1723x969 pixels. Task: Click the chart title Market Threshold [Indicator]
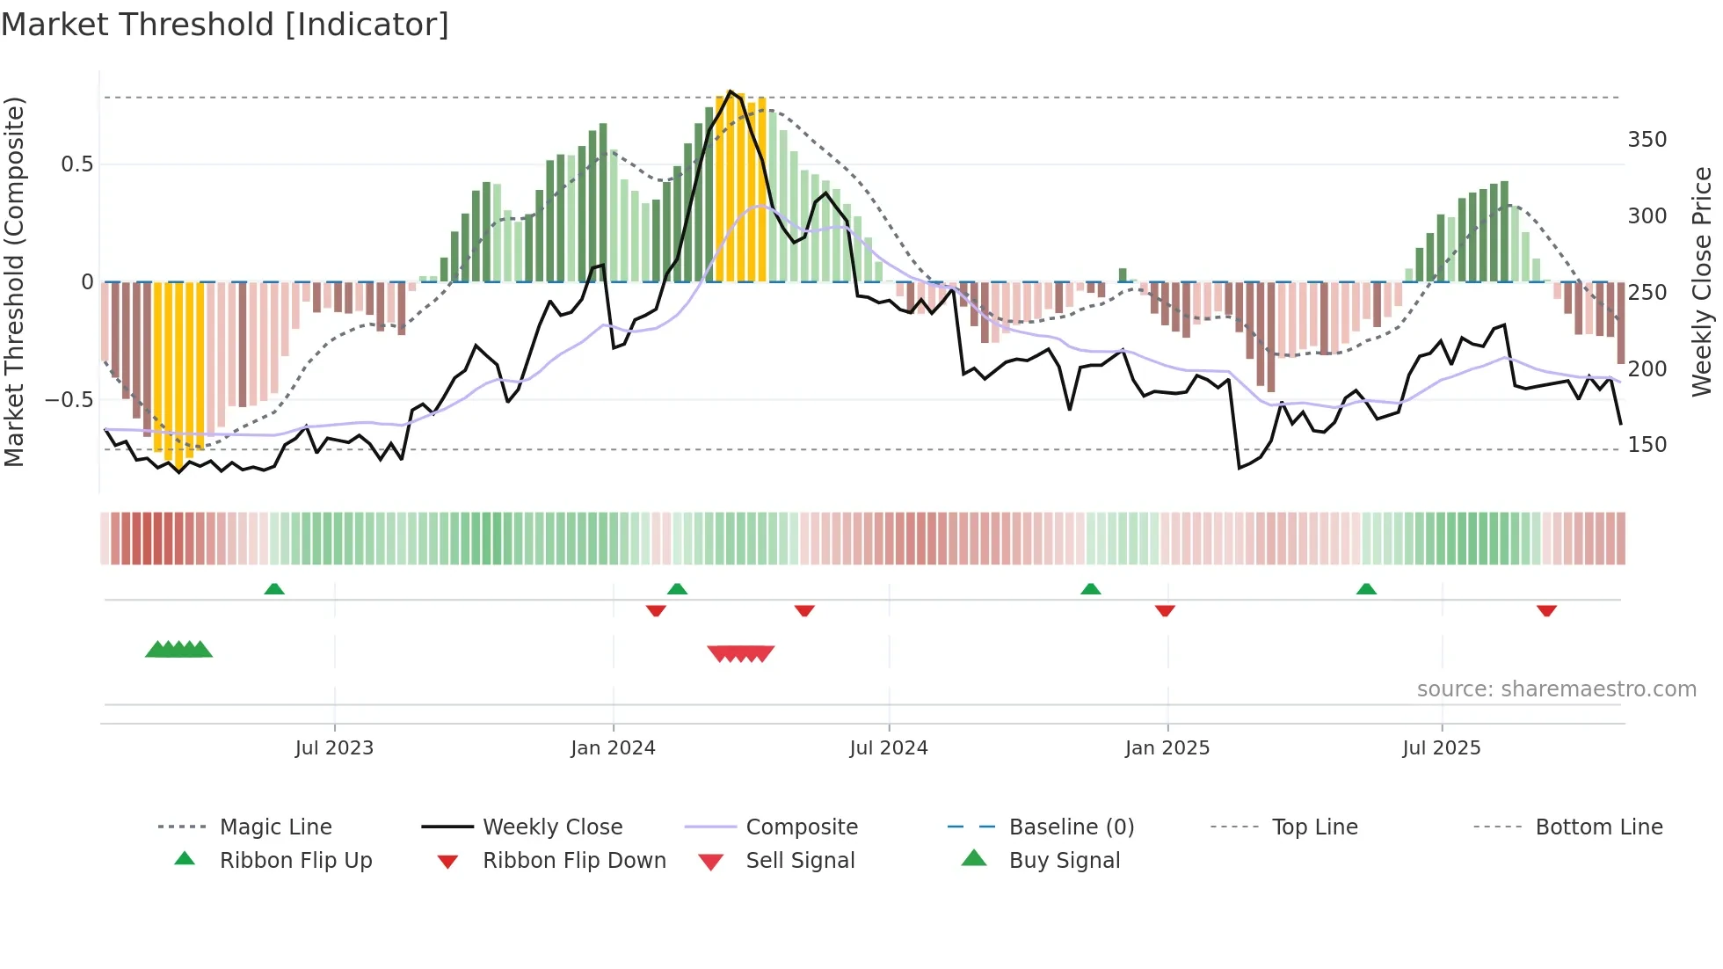click(x=225, y=25)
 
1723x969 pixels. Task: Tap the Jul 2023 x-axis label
click(x=334, y=748)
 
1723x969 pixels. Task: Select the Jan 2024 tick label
click(x=613, y=748)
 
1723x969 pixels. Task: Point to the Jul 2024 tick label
click(x=888, y=748)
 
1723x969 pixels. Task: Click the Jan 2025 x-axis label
click(x=1167, y=748)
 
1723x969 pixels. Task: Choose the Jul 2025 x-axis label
click(x=1441, y=748)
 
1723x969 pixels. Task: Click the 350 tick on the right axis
click(x=1647, y=140)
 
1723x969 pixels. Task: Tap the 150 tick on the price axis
click(x=1647, y=445)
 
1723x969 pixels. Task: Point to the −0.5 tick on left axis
click(x=69, y=400)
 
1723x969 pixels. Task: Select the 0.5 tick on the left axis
click(x=76, y=164)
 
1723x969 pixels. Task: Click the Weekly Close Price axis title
click(x=1702, y=281)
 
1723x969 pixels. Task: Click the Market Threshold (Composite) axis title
click(x=14, y=281)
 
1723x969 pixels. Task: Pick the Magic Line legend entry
click(x=275, y=827)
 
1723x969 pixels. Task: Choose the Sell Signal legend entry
click(x=799, y=861)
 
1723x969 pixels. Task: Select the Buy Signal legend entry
click(x=1064, y=861)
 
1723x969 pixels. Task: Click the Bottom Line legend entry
click(x=1598, y=827)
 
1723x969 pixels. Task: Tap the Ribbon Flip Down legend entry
click(x=573, y=861)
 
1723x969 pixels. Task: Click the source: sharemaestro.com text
click(x=1556, y=689)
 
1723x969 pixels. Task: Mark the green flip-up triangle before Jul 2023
click(x=274, y=589)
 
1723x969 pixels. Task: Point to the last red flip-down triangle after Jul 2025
click(x=1546, y=610)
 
